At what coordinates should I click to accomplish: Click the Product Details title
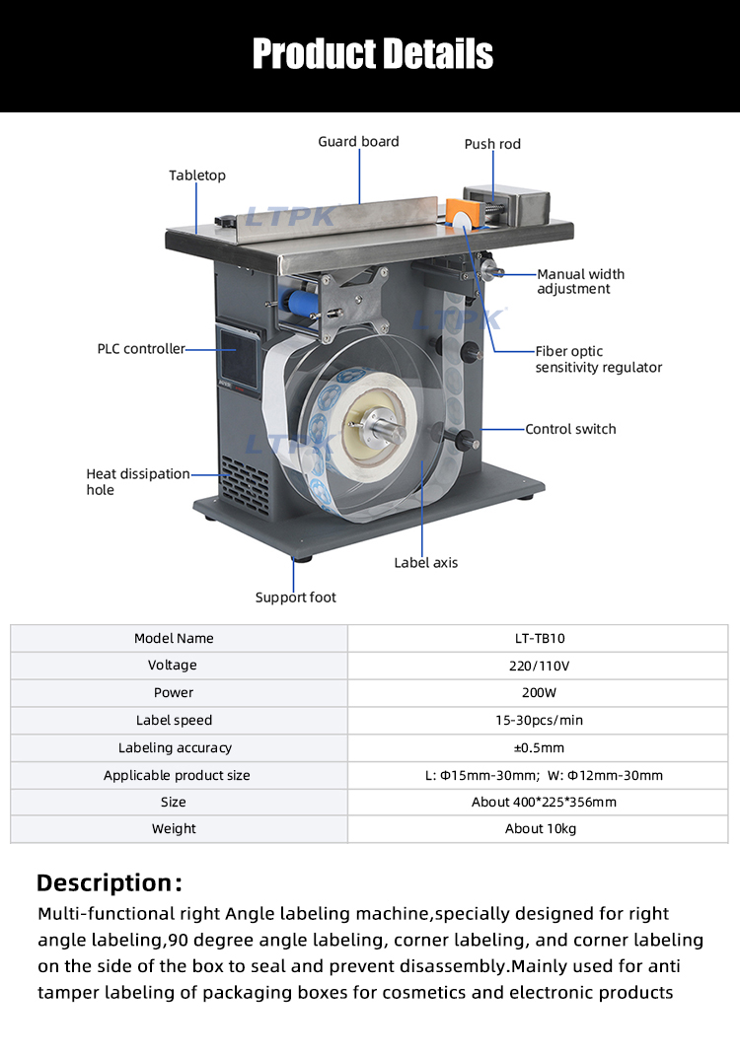point(372,53)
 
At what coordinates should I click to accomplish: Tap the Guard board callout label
point(358,142)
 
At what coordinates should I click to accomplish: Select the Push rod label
point(492,144)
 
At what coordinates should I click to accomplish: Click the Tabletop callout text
point(197,176)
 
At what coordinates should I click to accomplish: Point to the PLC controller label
point(141,349)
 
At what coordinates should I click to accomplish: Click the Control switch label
point(570,429)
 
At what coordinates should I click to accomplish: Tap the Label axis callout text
point(425,563)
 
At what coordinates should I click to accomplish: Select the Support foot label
point(295,597)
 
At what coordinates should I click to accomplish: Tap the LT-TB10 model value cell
point(537,639)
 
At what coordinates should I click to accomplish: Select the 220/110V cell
point(539,666)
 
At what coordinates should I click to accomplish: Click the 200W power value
point(539,693)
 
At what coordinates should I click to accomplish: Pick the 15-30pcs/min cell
point(539,721)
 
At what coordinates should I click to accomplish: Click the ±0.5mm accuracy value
point(539,747)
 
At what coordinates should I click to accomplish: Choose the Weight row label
point(174,829)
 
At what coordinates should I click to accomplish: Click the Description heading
point(109,881)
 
